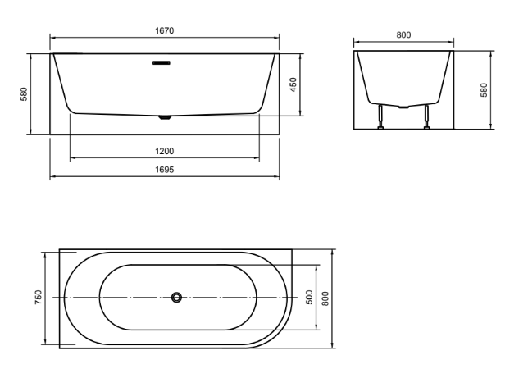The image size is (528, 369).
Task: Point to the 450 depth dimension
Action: click(293, 85)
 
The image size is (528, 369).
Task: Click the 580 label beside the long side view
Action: click(25, 94)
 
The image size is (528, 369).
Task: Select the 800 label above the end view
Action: click(403, 34)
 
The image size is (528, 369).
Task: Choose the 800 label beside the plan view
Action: click(325, 298)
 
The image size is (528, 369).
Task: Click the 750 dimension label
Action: click(38, 298)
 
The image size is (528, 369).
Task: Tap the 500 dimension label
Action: click(309, 298)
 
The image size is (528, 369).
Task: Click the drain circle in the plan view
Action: click(176, 298)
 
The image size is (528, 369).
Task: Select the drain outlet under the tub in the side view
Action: click(166, 117)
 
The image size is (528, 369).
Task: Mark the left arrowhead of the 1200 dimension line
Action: click(73, 157)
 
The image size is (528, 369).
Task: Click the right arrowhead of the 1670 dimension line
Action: click(276, 38)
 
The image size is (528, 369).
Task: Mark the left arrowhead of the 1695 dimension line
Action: click(52, 175)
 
